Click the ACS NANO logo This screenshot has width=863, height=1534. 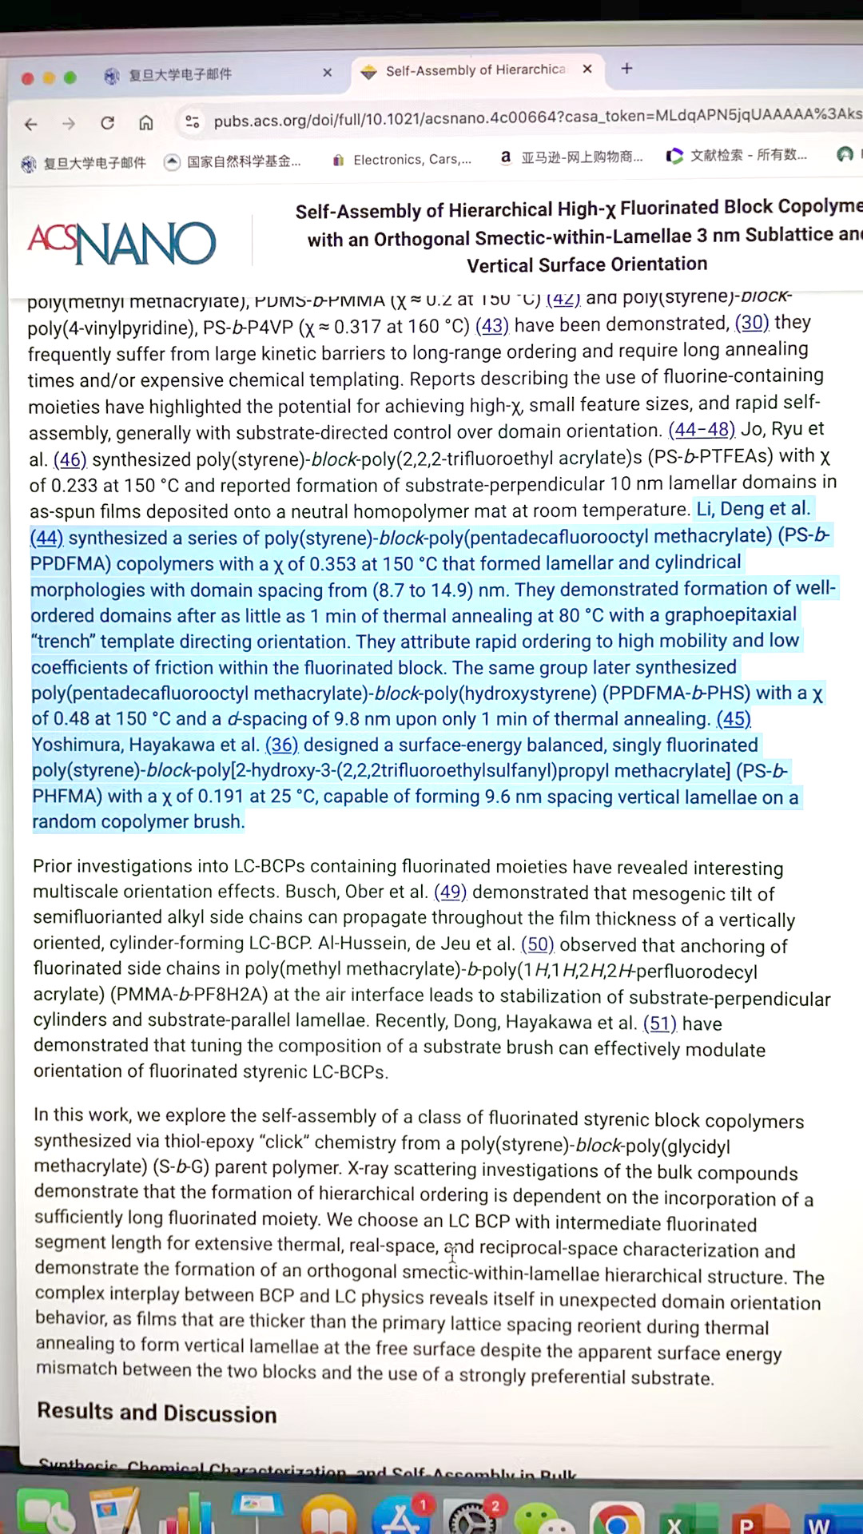pyautogui.click(x=122, y=242)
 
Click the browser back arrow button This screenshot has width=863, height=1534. pyautogui.click(x=31, y=124)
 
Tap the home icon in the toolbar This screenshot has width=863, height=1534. pyautogui.click(x=145, y=122)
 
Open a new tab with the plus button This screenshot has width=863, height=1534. pyautogui.click(x=627, y=69)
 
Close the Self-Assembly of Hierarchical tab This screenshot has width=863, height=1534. pyautogui.click(x=587, y=70)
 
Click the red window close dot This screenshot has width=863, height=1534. pyautogui.click(x=27, y=78)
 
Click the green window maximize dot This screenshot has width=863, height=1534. pyautogui.click(x=70, y=77)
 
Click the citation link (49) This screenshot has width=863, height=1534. pyautogui.click(x=450, y=892)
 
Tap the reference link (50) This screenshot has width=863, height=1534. pyautogui.click(x=537, y=944)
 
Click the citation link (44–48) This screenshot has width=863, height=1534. pyautogui.click(x=701, y=430)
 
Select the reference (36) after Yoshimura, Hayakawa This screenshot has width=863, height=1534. pyautogui.click(x=281, y=745)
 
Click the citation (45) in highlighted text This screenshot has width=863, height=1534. pyautogui.click(x=733, y=719)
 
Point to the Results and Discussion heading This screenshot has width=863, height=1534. pyautogui.click(x=157, y=1413)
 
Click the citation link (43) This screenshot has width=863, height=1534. pyautogui.click(x=491, y=326)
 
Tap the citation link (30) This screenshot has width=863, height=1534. pyautogui.click(x=751, y=323)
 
